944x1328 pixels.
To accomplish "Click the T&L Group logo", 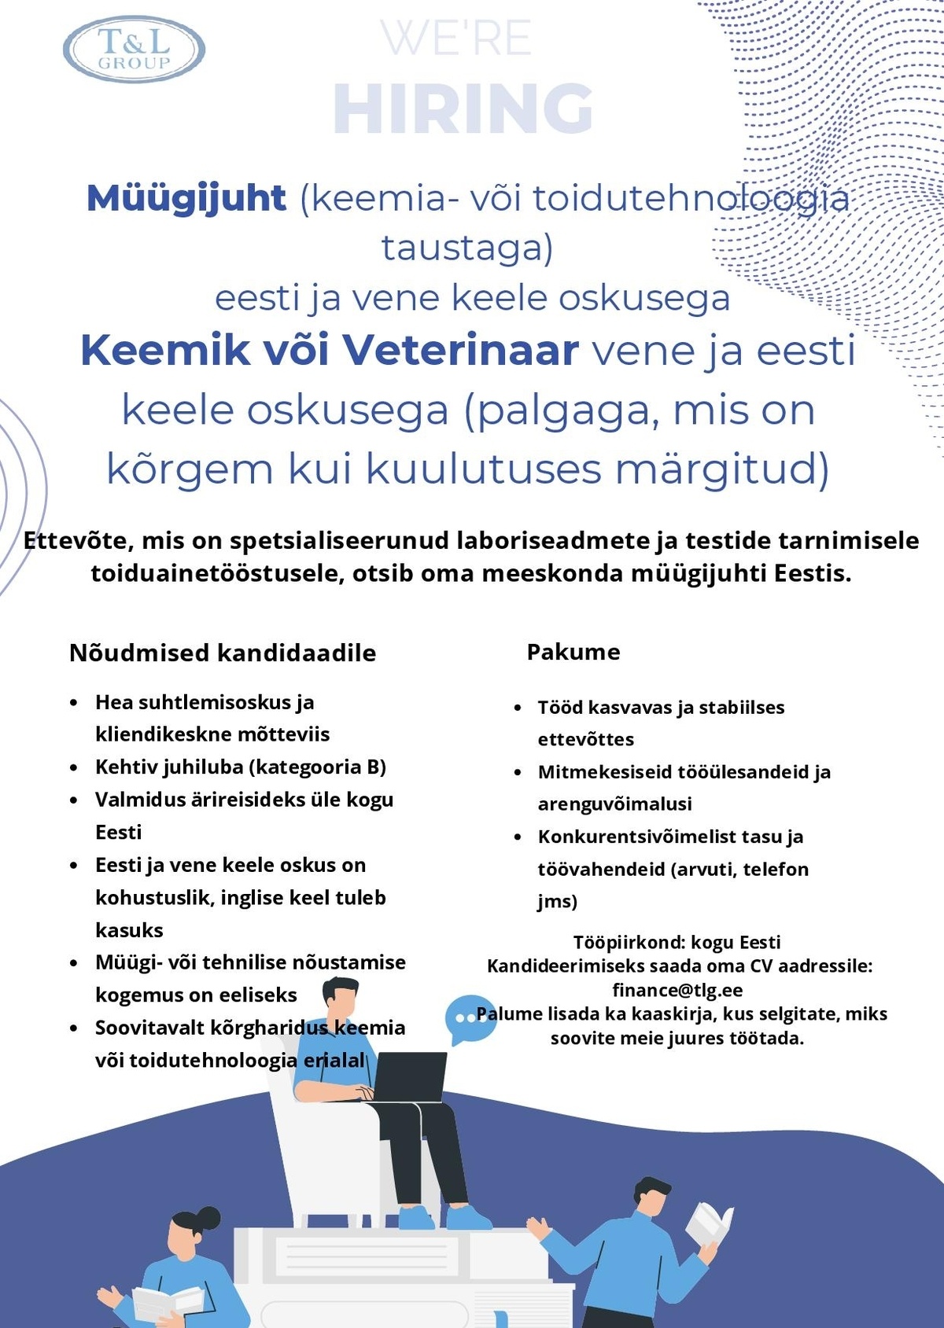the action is coord(134,50).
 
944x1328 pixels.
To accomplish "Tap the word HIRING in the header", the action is coord(463,109).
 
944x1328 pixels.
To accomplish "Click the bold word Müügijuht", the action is coord(186,197).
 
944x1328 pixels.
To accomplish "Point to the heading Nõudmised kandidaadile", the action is coord(223,653).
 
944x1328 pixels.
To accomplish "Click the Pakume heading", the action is coord(573,652).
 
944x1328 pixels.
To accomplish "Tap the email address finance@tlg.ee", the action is coord(677,990).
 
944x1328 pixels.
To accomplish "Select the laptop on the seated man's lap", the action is coord(409,1077).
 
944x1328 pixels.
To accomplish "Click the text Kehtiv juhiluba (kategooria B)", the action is coord(241,767).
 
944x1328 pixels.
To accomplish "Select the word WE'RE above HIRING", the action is coord(456,39).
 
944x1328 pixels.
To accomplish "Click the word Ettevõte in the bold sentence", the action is coord(76,541).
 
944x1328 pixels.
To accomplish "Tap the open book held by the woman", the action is coord(167,1301).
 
